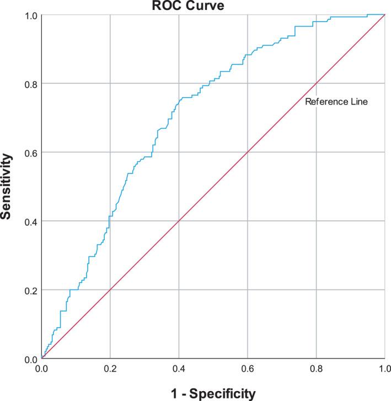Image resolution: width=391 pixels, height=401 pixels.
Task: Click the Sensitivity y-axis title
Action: pyautogui.click(x=7, y=187)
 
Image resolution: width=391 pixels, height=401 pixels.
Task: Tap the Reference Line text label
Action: pyautogui.click(x=336, y=102)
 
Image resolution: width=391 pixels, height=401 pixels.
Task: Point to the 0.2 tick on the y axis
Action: pyautogui.click(x=30, y=290)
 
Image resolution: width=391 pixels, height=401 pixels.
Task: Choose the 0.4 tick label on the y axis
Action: pyautogui.click(x=30, y=221)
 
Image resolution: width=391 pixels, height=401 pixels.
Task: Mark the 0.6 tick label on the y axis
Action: pyautogui.click(x=30, y=152)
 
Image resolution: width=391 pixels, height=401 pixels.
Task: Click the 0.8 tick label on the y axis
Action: pyautogui.click(x=30, y=84)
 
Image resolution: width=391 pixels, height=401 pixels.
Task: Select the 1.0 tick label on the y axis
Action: pyautogui.click(x=30, y=15)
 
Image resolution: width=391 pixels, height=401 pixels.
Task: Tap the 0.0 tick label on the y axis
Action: pyautogui.click(x=30, y=358)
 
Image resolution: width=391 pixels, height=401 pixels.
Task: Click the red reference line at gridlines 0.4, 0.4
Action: pyautogui.click(x=179, y=221)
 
